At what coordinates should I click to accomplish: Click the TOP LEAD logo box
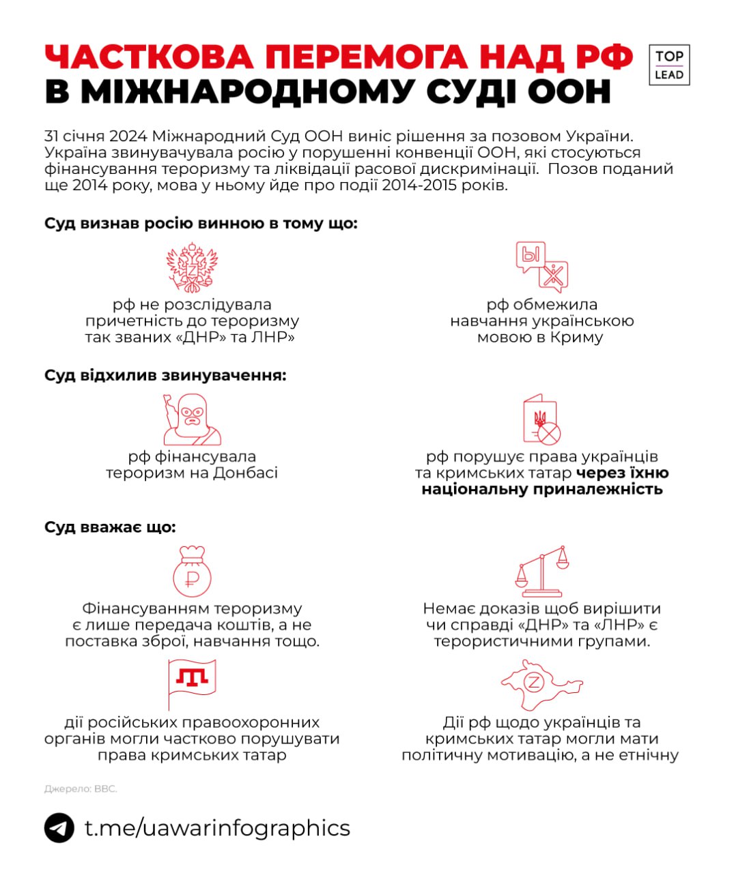pos(668,65)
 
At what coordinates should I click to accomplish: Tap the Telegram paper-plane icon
pos(59,829)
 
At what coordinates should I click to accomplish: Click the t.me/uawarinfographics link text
pos(217,828)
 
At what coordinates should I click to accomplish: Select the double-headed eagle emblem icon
pos(192,267)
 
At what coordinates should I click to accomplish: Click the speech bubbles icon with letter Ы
pos(541,267)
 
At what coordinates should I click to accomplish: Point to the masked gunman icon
pos(192,419)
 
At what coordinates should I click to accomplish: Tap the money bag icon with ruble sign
pos(192,572)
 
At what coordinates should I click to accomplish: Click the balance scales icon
pos(541,571)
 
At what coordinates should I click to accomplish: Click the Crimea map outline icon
pos(541,684)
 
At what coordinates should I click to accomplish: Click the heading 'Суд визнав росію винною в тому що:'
pos(201,224)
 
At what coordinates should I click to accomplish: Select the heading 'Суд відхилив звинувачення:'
pos(165,375)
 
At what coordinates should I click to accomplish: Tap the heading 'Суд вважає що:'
pos(110,527)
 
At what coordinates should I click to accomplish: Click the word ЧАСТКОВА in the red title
pos(150,58)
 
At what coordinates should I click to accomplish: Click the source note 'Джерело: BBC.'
pos(81,789)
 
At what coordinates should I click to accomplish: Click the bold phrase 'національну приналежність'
pos(541,489)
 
